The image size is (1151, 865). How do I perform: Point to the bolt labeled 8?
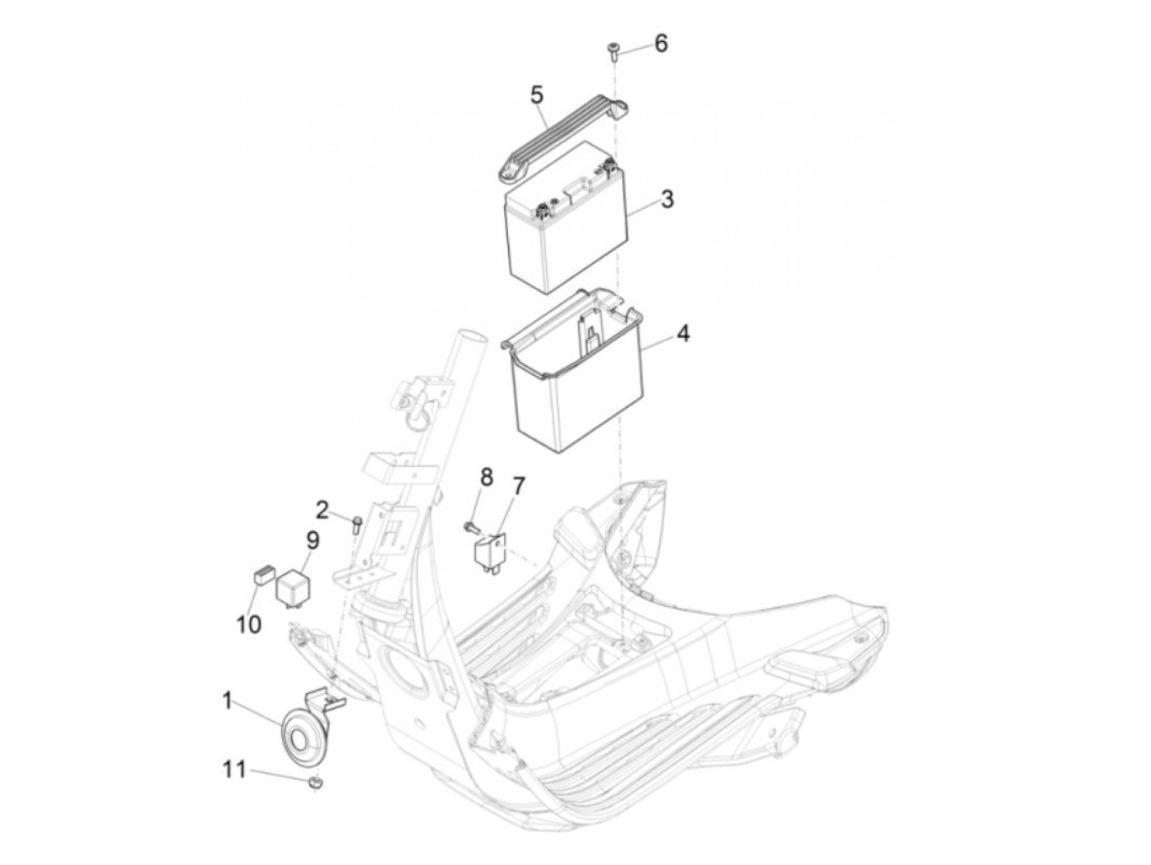click(470, 525)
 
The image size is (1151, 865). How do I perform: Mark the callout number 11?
click(233, 770)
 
